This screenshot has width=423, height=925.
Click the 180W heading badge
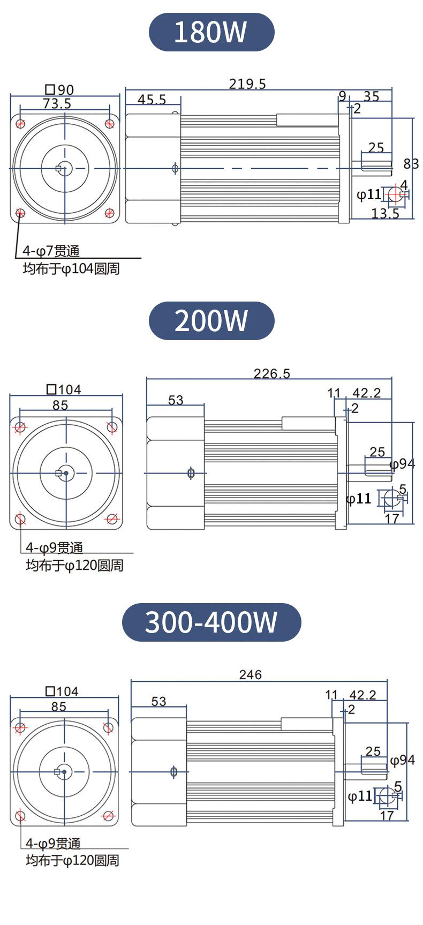211,32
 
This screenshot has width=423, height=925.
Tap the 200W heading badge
211,320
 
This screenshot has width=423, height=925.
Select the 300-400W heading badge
211,622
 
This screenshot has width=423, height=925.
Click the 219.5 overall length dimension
247,84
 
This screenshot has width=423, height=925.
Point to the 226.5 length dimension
272,373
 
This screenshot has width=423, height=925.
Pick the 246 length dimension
251,674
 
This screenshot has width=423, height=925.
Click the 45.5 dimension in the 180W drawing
152,100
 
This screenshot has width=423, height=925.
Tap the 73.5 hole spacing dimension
57,103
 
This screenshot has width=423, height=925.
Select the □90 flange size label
59,90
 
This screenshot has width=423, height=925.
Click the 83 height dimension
411,163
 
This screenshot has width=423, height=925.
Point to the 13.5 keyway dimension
386,214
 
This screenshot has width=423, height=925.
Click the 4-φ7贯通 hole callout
51,251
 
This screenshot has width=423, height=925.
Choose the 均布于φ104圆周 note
71,269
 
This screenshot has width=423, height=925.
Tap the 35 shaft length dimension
372,96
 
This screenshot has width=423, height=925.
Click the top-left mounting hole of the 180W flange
20,124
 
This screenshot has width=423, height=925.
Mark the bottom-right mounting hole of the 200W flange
112,518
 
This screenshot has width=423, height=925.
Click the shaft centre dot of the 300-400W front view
64,771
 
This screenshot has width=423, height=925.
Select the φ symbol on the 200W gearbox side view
191,473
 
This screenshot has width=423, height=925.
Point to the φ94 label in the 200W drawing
402,464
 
